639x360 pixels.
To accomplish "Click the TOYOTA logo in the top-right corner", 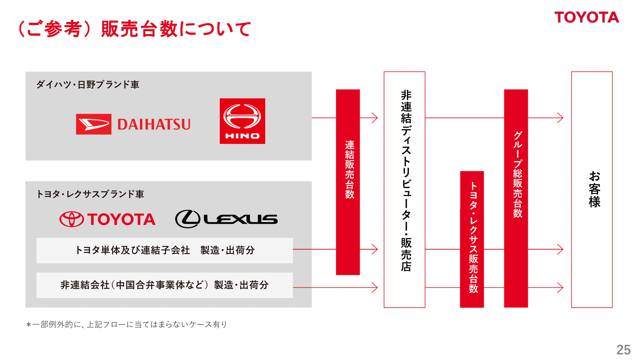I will (586, 17).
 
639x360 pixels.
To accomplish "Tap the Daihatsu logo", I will (133, 124).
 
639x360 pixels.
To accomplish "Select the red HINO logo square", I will (242, 121).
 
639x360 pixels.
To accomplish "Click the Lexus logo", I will (226, 219).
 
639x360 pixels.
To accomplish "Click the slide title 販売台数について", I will (135, 29).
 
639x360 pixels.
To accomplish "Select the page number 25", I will (623, 350).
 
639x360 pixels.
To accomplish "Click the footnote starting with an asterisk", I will (126, 324).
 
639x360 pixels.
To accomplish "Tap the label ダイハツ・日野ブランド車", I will (88, 85).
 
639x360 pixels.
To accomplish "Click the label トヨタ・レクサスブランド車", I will (90, 194).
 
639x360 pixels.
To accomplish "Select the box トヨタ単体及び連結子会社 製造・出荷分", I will (164, 250).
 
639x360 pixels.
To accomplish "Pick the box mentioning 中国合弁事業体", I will (164, 285).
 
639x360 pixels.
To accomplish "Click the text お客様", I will (594, 189).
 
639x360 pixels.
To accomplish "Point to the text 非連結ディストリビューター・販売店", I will (406, 181).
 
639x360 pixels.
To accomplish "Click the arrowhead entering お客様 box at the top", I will (560, 118).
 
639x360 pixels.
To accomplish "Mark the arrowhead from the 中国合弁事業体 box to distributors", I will (375, 287).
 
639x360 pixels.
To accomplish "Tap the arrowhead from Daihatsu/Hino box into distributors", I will (375, 118).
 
